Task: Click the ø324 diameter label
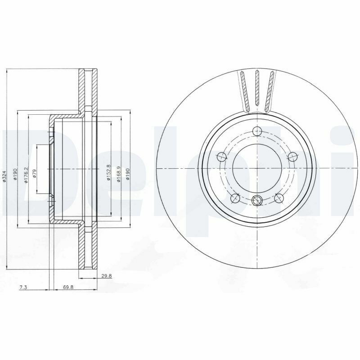coord(4,176)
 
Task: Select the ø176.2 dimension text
coord(27,175)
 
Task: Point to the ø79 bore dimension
coord(34,173)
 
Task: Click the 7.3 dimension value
coord(23,287)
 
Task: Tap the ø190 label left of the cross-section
coord(15,174)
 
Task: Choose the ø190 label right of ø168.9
coord(128,174)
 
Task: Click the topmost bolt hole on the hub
coord(257,131)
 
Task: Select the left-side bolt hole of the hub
coord(221,157)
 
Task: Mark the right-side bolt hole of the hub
coord(293,157)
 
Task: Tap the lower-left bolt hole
coord(234,198)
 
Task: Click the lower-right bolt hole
coord(279,198)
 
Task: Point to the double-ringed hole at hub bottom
coord(257,200)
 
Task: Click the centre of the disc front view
coord(257,168)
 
